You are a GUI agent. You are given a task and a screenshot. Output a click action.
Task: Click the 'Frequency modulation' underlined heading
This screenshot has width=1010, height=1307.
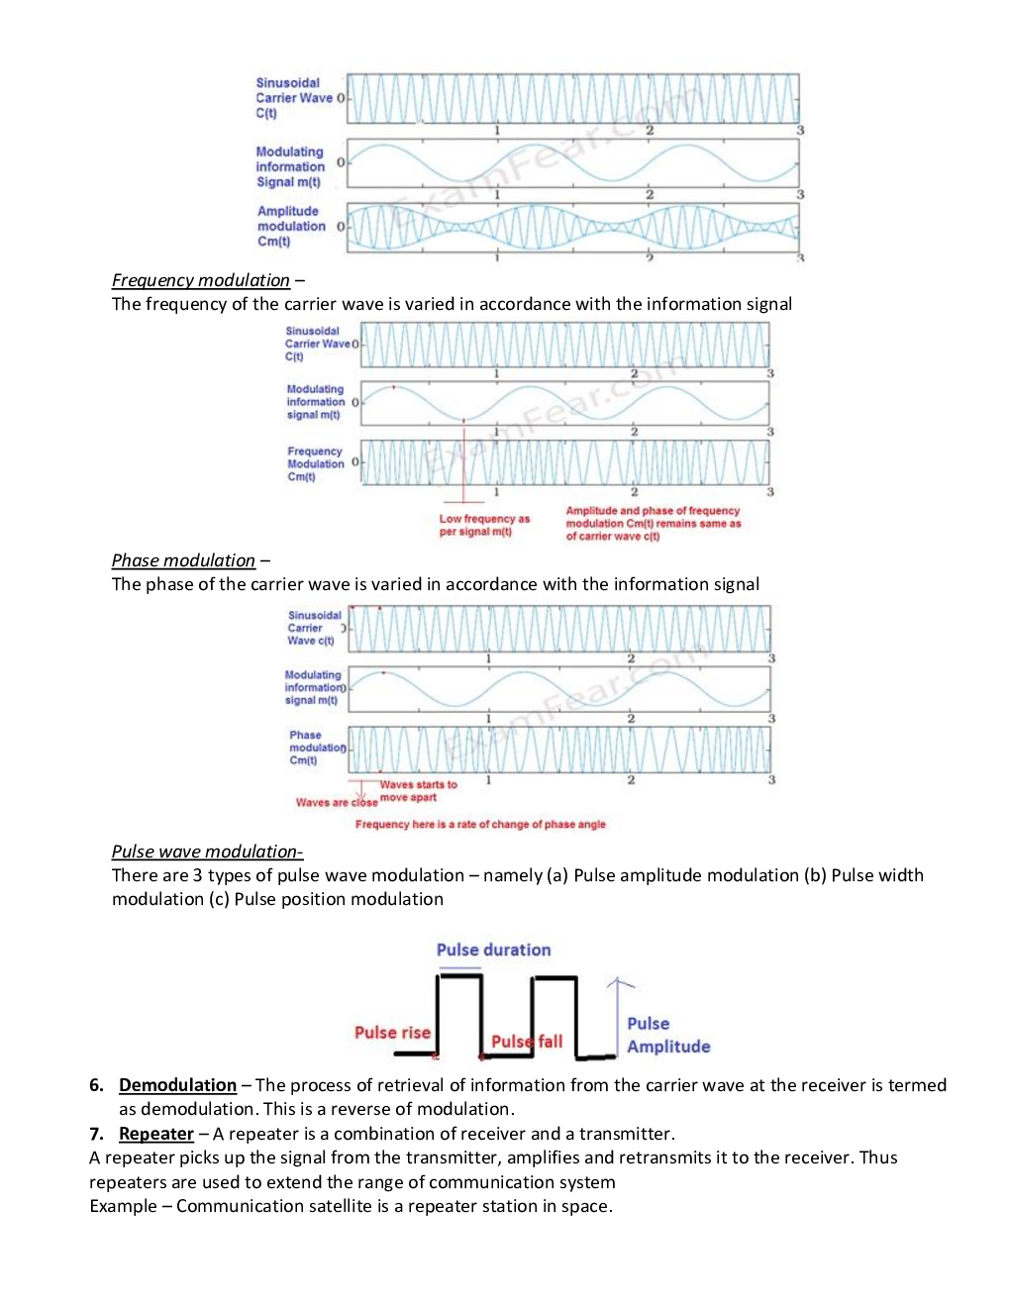[x=200, y=280]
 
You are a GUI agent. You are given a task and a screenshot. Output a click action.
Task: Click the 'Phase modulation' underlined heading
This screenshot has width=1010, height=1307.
[x=183, y=560]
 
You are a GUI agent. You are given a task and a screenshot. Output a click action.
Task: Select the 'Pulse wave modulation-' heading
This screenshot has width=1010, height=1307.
[x=207, y=852]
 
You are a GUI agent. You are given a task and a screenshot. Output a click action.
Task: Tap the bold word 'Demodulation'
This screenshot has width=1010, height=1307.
[x=177, y=1085]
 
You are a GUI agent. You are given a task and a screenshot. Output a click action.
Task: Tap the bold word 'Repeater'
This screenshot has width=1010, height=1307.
[x=155, y=1134]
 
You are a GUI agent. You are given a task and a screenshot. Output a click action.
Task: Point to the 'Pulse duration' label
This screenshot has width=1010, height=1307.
[x=493, y=950]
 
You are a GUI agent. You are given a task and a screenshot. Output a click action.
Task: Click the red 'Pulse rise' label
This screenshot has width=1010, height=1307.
[x=392, y=1033]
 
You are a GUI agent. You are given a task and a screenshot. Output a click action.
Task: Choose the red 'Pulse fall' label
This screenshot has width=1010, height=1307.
[x=527, y=1042]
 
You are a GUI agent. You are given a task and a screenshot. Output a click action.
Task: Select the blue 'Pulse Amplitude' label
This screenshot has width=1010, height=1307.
[x=667, y=1035]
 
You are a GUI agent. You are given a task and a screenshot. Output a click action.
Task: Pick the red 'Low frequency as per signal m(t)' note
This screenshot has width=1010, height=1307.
[x=484, y=525]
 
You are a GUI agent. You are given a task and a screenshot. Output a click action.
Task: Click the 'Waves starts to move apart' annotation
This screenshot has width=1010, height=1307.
[x=418, y=790]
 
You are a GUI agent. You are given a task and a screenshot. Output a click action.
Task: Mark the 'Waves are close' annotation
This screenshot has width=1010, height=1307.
[x=336, y=803]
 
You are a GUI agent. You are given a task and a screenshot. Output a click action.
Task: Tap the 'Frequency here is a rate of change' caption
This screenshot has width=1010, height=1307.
[x=480, y=824]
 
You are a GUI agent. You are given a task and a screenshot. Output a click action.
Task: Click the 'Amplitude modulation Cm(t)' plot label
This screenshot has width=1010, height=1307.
[x=290, y=226]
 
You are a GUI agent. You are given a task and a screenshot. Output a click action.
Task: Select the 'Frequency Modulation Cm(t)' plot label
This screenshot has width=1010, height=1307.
[x=315, y=463]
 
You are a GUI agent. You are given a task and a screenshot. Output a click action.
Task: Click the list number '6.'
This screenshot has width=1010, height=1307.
[x=96, y=1085]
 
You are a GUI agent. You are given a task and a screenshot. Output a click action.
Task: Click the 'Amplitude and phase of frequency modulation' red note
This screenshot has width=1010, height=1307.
[x=653, y=524]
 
